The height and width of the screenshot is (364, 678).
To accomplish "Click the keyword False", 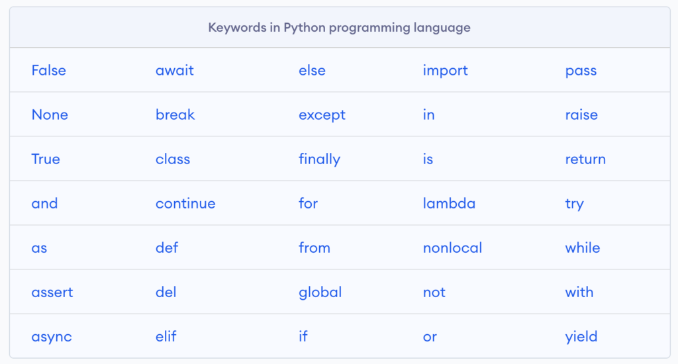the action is [x=48, y=70].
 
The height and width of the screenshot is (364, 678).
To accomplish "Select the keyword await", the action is [x=175, y=70].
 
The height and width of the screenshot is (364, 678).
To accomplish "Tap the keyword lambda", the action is [x=449, y=203].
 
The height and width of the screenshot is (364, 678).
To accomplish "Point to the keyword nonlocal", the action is [x=452, y=248].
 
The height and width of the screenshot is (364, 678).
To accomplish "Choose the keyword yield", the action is [x=581, y=338].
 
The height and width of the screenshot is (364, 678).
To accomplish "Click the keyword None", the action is [x=50, y=114].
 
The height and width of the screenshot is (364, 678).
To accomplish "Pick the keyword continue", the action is [x=185, y=203].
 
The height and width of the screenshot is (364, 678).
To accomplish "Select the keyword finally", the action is [x=320, y=159].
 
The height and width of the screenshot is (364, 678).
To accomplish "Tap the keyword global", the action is [x=320, y=293].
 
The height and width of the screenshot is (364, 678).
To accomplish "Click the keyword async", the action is [x=52, y=338].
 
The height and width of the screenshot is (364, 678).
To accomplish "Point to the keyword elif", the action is [x=166, y=336].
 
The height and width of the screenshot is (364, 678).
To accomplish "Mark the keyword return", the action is [x=585, y=159].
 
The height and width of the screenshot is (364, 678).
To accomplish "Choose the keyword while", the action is [x=583, y=248].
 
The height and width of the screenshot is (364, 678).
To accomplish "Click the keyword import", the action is [x=446, y=71].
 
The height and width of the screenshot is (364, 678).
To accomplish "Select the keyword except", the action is [x=322, y=115].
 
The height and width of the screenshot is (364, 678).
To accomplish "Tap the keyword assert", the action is [x=52, y=293].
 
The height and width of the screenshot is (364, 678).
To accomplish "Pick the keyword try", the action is [x=574, y=204].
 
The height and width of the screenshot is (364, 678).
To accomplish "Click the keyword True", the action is [x=46, y=159].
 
